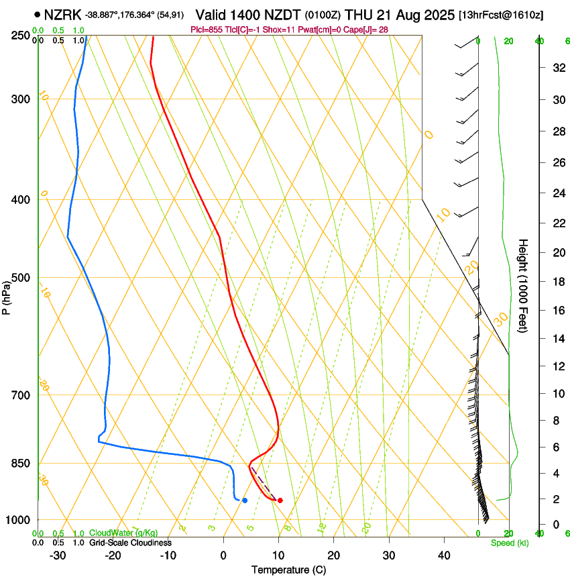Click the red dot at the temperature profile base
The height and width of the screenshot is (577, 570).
pyautogui.click(x=280, y=500)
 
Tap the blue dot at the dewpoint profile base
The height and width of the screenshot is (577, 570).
pyautogui.click(x=245, y=500)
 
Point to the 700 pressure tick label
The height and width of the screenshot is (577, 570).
pyautogui.click(x=21, y=395)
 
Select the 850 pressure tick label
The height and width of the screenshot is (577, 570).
pyautogui.click(x=21, y=464)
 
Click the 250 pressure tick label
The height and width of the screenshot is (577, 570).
pyautogui.click(x=21, y=36)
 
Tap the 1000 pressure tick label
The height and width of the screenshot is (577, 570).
pyautogui.click(x=19, y=520)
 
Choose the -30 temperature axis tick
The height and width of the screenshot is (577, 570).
pyautogui.click(x=58, y=556)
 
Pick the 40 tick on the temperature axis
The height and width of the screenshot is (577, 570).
pyautogui.click(x=444, y=556)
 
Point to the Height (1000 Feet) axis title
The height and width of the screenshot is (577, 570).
pyautogui.click(x=523, y=286)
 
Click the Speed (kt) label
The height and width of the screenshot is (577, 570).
pyautogui.click(x=509, y=543)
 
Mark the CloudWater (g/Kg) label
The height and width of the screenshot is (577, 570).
pyautogui.click(x=123, y=533)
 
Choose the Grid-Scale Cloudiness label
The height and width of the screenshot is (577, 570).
pyautogui.click(x=129, y=543)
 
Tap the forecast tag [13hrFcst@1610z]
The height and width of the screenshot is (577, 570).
pyautogui.click(x=501, y=15)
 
